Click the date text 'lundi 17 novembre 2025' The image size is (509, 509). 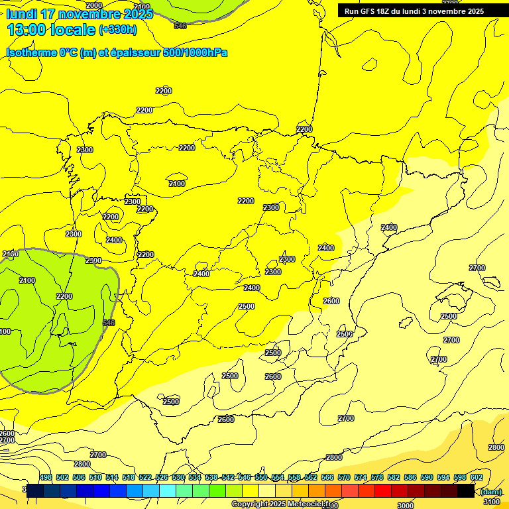(80, 14)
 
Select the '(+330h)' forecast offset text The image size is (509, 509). (118, 30)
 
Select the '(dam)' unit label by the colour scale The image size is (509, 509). (490, 491)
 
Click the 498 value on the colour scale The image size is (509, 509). (46, 477)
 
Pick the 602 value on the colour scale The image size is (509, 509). (476, 477)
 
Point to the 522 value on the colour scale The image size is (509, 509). (145, 477)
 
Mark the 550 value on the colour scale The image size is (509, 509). (261, 477)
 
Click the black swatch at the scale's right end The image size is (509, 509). (466, 490)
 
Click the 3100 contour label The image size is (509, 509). (492, 502)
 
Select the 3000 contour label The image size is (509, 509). (406, 506)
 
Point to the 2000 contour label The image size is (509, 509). (94, 5)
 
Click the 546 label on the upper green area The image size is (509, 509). (180, 26)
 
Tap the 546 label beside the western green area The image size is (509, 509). (109, 323)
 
